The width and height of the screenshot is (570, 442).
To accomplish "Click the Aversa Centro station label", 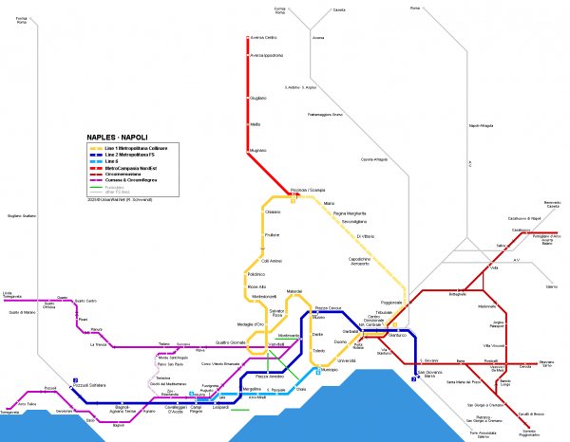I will pos(263,37).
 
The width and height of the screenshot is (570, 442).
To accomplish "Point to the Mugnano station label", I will pos(258,150).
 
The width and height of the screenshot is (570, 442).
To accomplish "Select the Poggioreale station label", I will pos(392,302).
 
